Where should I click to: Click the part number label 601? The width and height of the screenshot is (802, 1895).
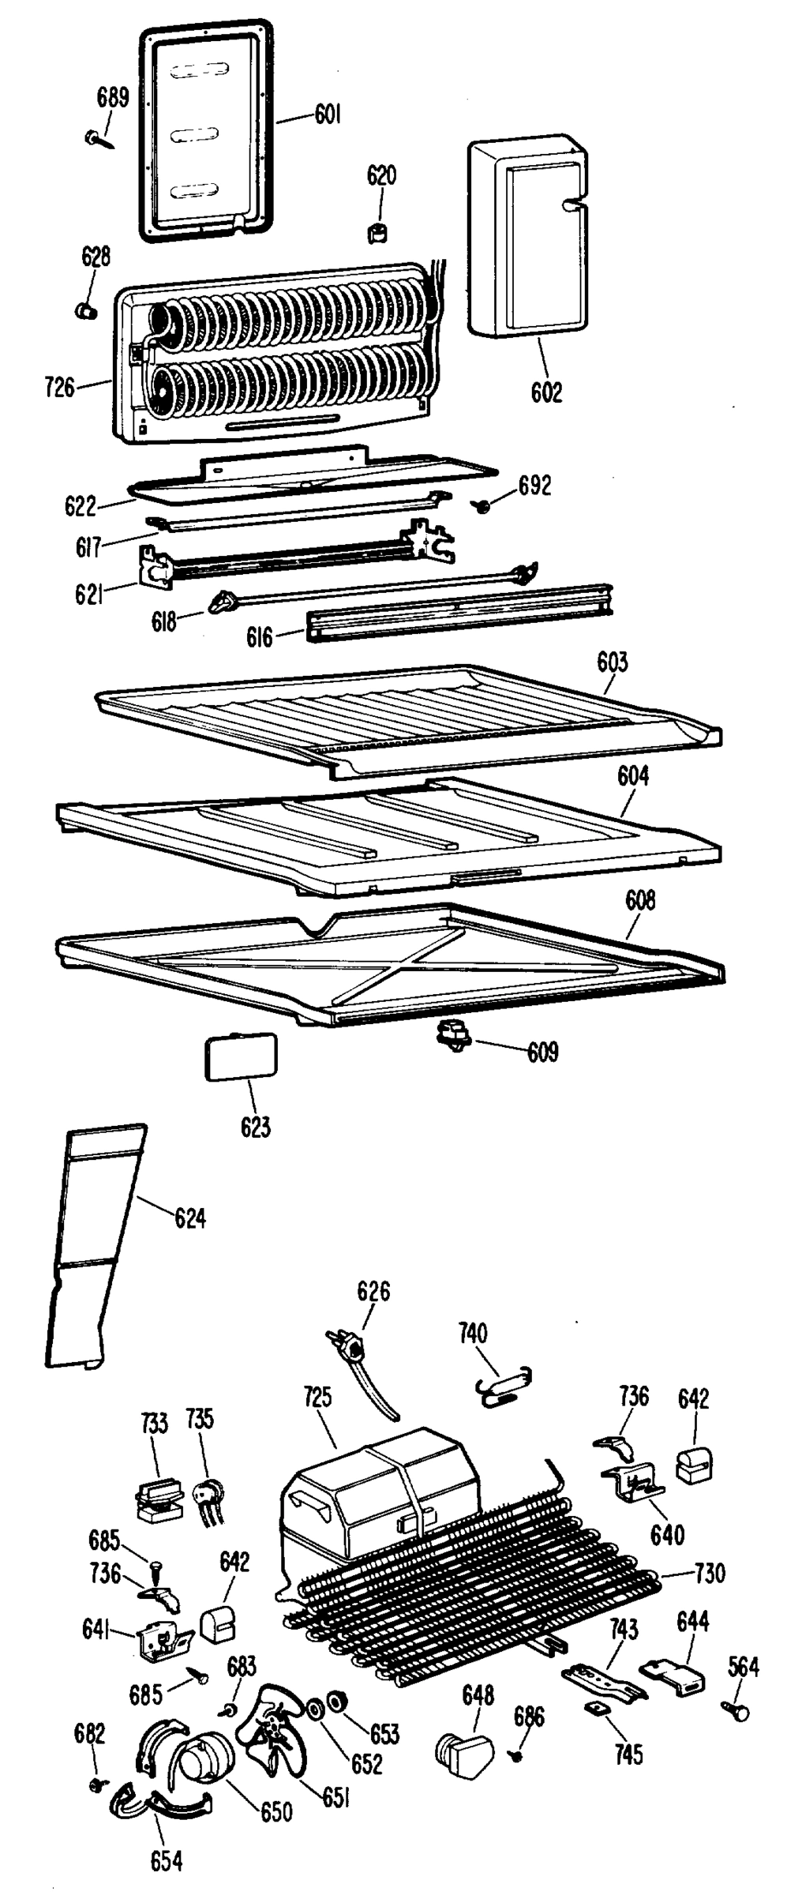tap(328, 115)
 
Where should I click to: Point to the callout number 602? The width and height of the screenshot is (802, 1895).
tap(546, 392)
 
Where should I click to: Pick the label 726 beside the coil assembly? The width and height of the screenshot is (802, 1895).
tap(60, 387)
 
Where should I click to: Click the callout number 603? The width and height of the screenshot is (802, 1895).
tap(613, 662)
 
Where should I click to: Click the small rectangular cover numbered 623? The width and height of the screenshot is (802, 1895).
tap(241, 1056)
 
